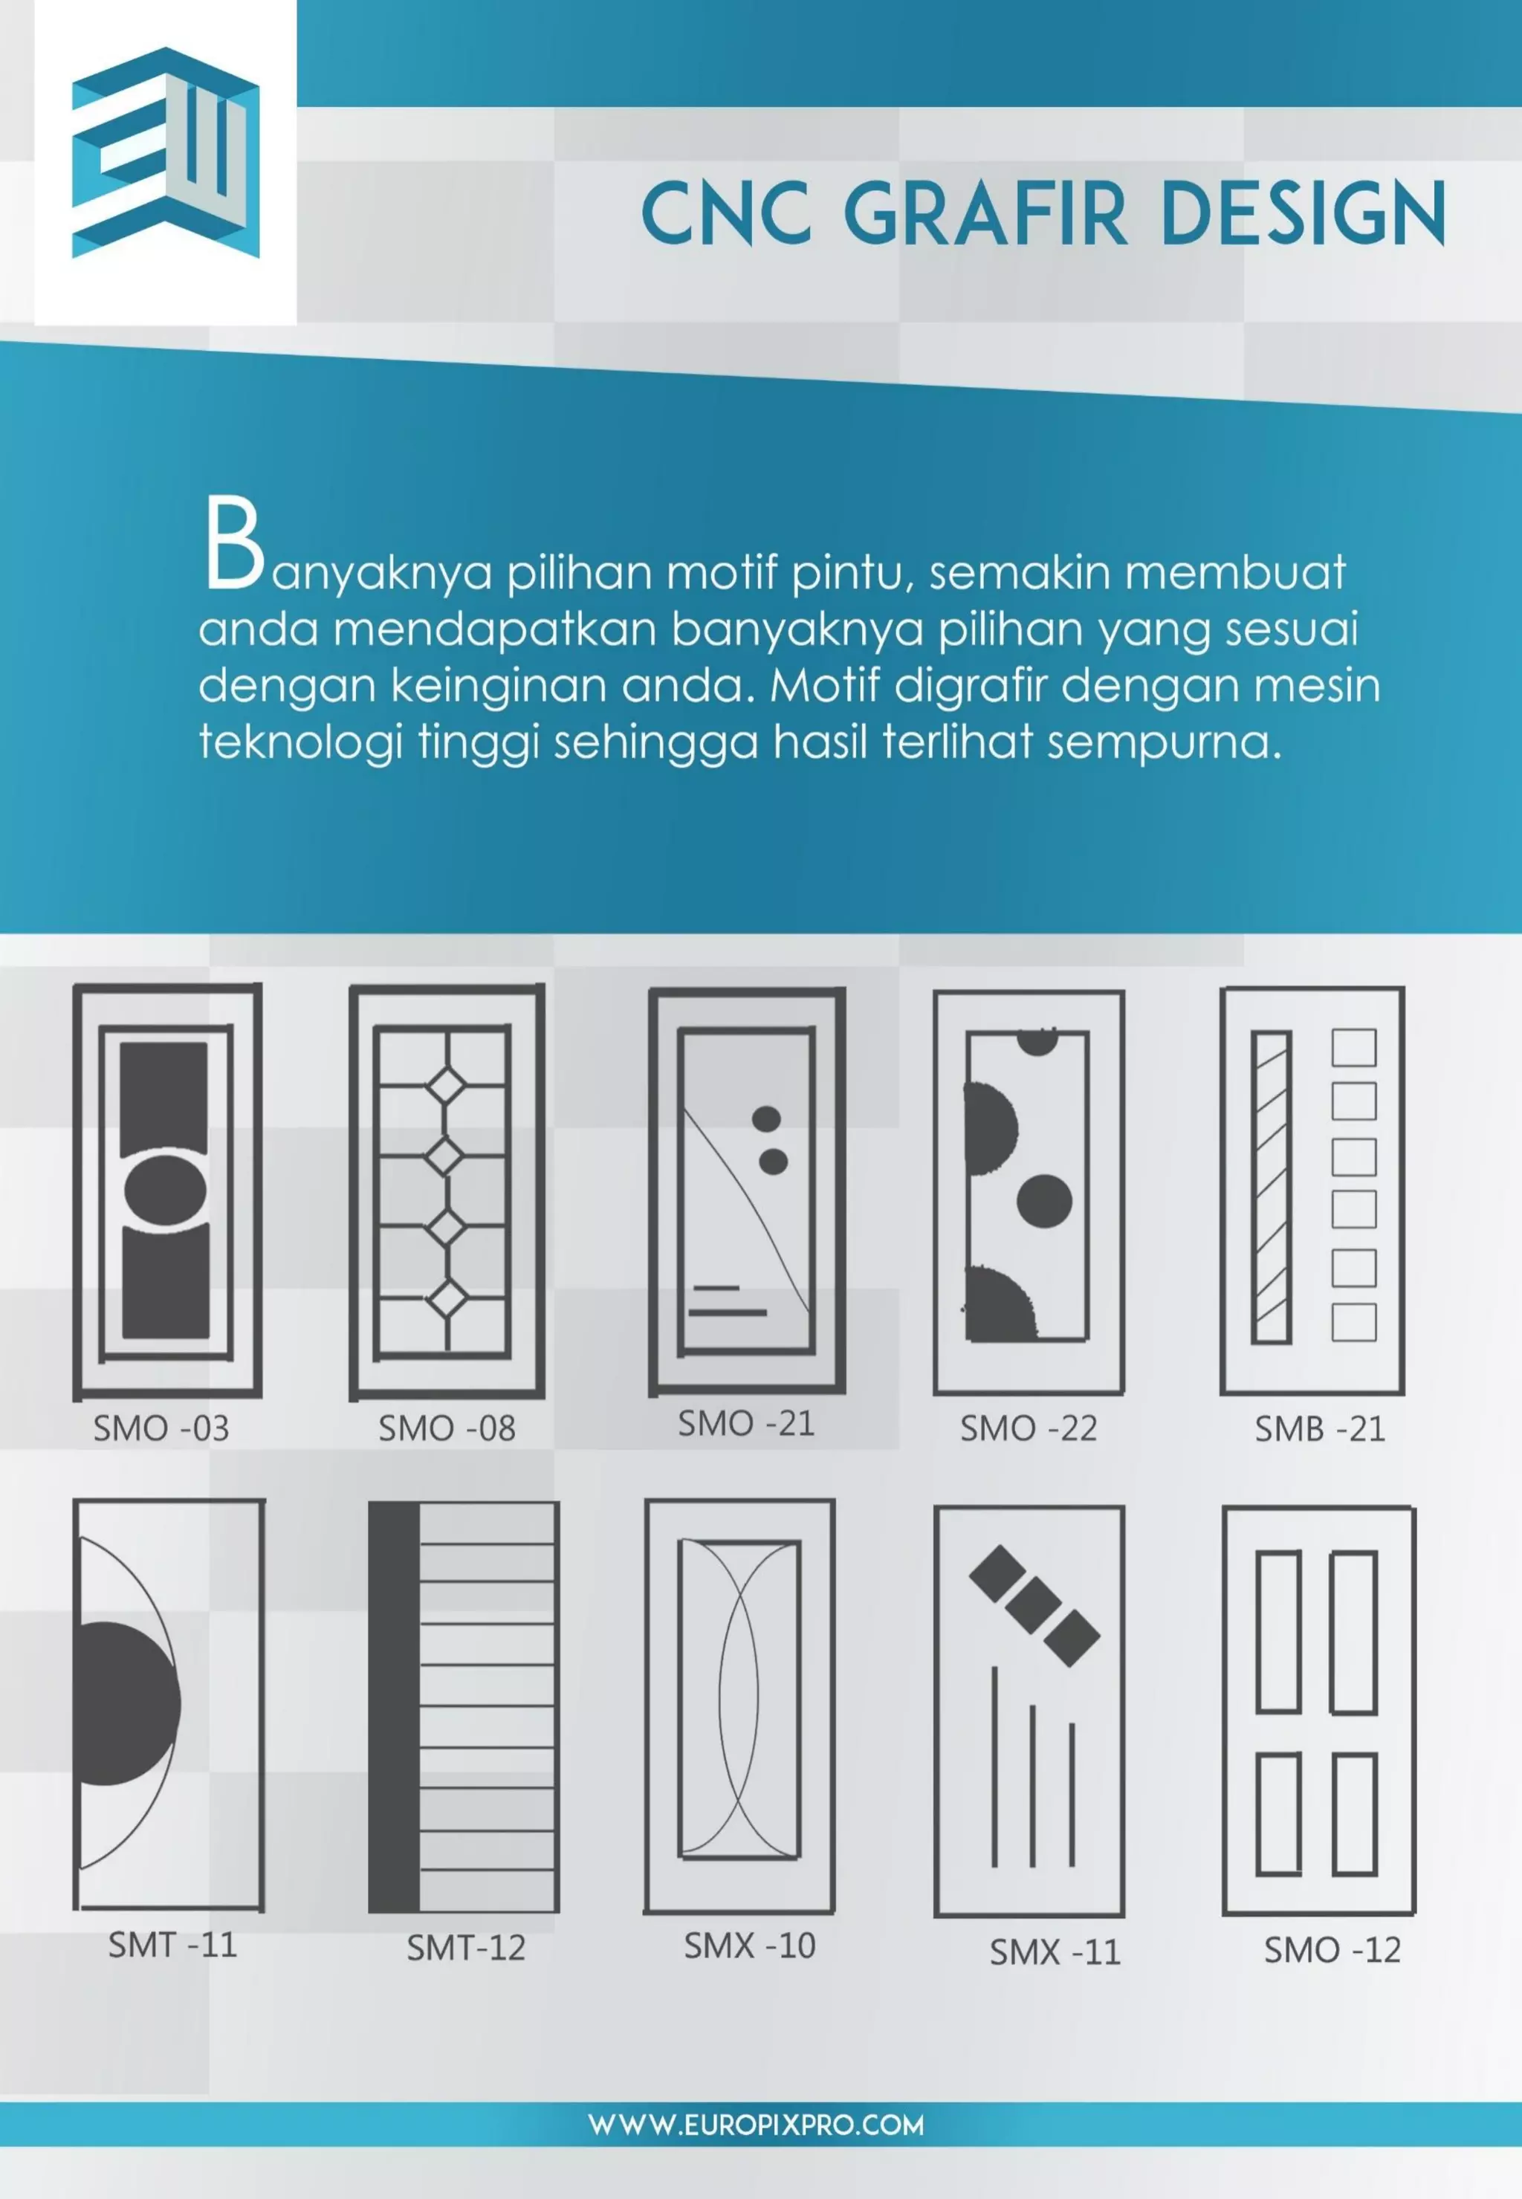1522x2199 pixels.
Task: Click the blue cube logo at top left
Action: point(165,152)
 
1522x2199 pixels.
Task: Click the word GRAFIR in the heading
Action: point(985,213)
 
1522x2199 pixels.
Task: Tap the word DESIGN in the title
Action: point(1303,213)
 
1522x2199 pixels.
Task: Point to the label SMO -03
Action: point(161,1428)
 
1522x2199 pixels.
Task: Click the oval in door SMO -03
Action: point(165,1190)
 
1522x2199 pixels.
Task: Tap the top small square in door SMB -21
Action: point(1353,1048)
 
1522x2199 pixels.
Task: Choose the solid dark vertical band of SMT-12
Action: point(394,1707)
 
